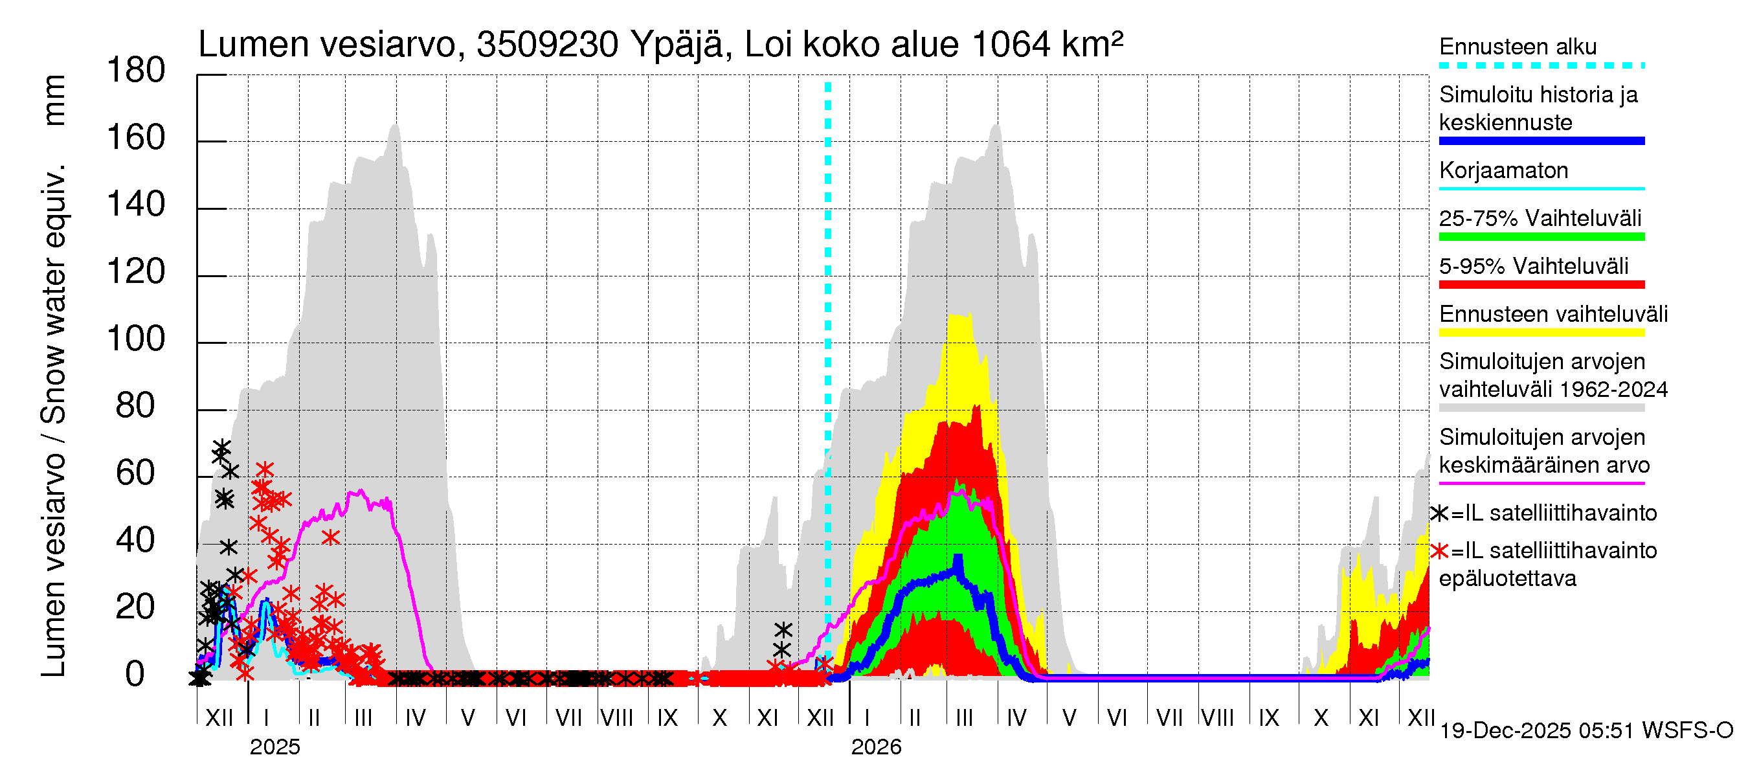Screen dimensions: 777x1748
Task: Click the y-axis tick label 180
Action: [136, 71]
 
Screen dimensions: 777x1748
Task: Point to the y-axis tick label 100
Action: [136, 339]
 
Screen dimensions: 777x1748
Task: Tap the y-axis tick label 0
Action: [135, 675]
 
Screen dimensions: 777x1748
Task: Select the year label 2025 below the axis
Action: [275, 747]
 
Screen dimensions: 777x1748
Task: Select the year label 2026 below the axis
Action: [876, 747]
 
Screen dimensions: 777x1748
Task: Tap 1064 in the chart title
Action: [1011, 45]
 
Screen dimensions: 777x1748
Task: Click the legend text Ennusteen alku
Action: [1518, 47]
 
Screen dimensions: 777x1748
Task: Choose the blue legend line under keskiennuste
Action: [1541, 141]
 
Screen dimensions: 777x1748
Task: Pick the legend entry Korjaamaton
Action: [1503, 170]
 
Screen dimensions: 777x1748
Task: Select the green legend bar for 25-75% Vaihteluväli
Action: [1541, 237]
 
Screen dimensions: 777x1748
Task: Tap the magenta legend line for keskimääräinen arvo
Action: [1541, 483]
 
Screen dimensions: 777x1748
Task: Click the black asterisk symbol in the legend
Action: [1440, 513]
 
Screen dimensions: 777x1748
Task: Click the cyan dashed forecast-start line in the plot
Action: [828, 339]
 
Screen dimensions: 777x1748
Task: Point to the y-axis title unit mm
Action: [54, 100]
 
